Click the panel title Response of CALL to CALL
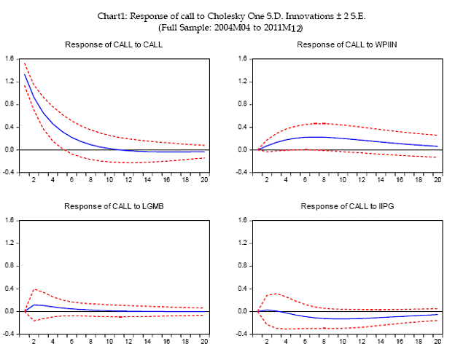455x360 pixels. [x=113, y=45]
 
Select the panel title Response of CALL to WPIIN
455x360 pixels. [x=346, y=45]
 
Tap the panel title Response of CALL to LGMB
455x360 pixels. [x=113, y=206]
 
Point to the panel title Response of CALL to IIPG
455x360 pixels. [x=346, y=206]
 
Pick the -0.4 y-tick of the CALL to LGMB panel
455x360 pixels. [x=10, y=334]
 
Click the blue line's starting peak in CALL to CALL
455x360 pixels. [x=25, y=74]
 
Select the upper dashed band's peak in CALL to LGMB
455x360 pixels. [x=34, y=289]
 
